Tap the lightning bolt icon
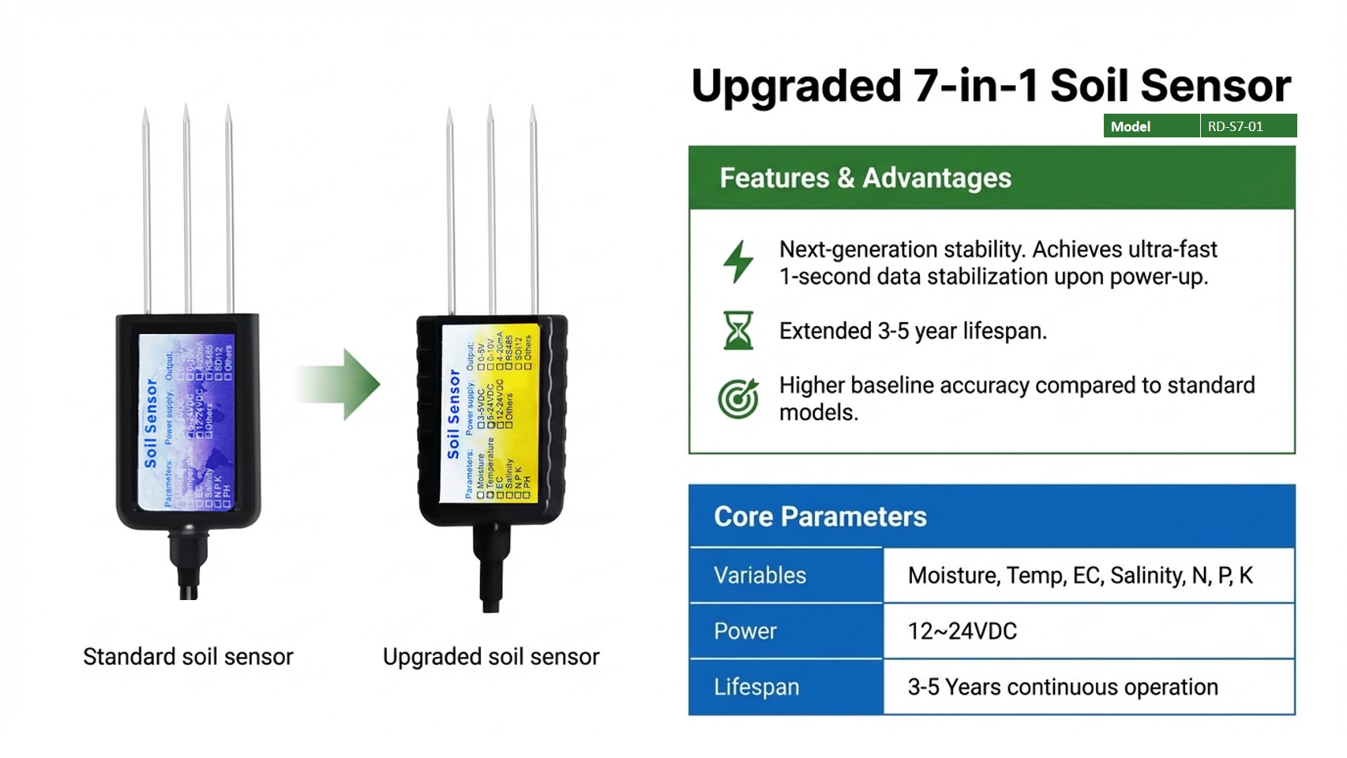[738, 261]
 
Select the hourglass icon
[738, 330]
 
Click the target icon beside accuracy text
[738, 398]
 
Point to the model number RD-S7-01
[1235, 126]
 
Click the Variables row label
[760, 575]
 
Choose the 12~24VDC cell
[962, 631]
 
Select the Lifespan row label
[756, 687]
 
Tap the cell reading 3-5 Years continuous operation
[1062, 687]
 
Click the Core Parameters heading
[820, 516]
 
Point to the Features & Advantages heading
[865, 178]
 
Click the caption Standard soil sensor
[188, 657]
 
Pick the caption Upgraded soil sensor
[491, 657]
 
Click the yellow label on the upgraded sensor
[490, 415]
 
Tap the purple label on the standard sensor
[186, 422]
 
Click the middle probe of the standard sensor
[187, 209]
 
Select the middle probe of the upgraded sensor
[491, 209]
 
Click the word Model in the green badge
[1130, 126]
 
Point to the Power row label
[745, 631]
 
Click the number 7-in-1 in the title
[975, 85]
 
